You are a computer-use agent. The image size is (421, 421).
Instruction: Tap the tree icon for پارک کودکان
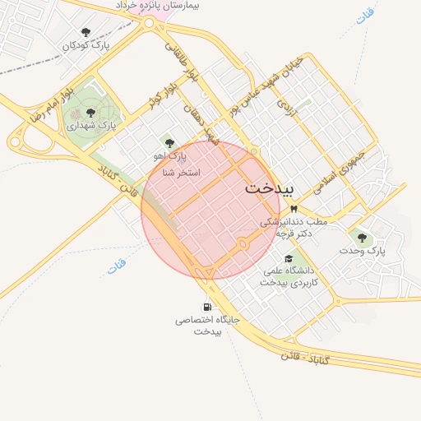coord(86,32)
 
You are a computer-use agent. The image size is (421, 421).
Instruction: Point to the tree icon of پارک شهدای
coord(90,113)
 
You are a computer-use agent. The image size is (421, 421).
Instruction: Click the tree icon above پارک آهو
coord(169,143)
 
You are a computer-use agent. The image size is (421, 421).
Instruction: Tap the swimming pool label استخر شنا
coord(182,173)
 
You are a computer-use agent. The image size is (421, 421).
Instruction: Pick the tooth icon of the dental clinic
coord(294,209)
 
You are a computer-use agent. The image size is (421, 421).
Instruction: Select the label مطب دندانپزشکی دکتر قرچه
coord(294,228)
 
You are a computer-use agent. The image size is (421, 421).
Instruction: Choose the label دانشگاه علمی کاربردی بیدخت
coord(295,275)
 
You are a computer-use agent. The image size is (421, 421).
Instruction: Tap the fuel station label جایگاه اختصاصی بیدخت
coord(209,325)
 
